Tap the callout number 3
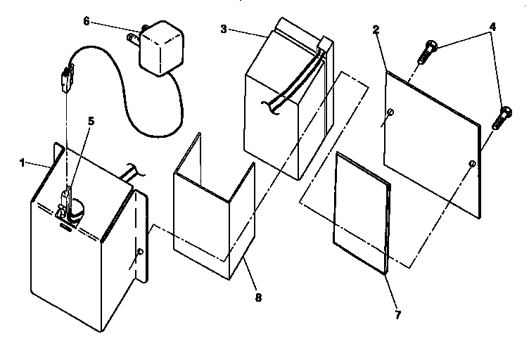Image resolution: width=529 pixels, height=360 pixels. pyautogui.click(x=223, y=29)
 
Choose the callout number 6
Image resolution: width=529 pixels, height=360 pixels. pyautogui.click(x=87, y=21)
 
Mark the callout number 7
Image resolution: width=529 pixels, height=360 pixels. pyautogui.click(x=397, y=314)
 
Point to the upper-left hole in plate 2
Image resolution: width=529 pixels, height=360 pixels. pyautogui.click(x=390, y=113)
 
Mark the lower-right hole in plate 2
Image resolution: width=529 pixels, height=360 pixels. pyautogui.click(x=472, y=164)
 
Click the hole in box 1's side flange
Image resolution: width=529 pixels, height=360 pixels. pyautogui.click(x=141, y=251)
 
